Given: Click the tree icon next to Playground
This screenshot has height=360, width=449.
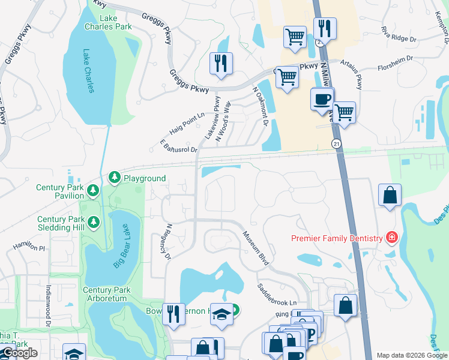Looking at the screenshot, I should (x=114, y=178).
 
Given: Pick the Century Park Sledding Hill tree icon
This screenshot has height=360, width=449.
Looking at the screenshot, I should (x=93, y=223).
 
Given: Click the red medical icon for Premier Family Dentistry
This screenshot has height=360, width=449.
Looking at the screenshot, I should (x=391, y=238).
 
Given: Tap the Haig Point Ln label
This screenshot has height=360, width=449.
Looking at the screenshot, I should (x=187, y=123).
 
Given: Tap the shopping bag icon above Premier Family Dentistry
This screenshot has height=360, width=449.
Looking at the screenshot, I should (x=390, y=195).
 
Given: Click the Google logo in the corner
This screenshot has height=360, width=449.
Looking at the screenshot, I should (x=19, y=353).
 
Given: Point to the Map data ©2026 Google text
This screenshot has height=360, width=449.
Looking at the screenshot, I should (x=411, y=355).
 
